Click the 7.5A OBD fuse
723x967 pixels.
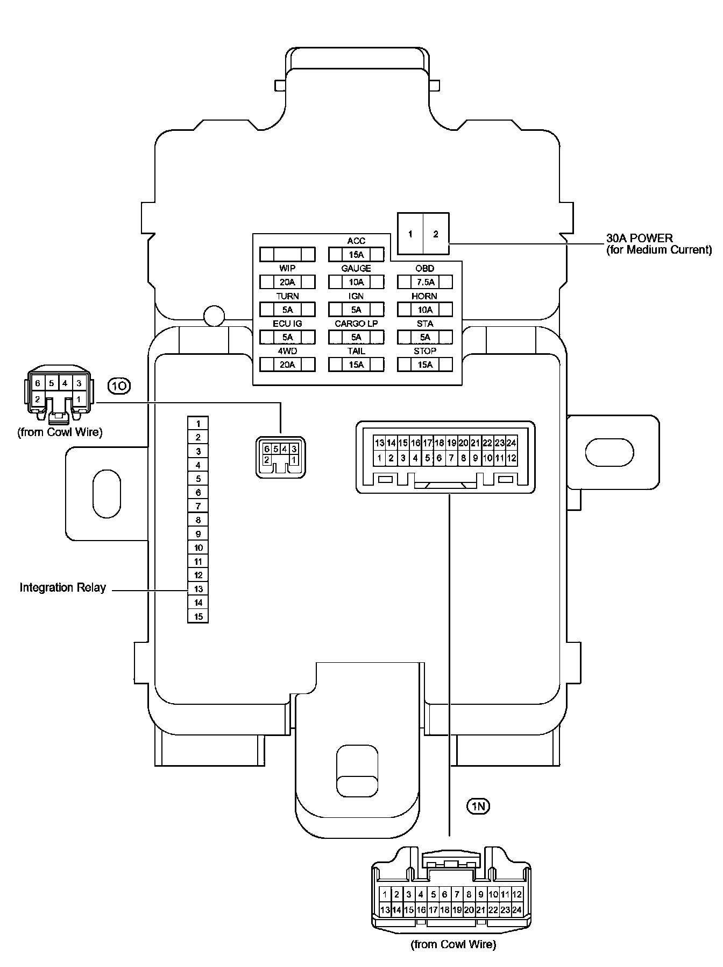(424, 282)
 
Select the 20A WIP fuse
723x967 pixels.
(287, 282)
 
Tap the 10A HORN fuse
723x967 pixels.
(424, 310)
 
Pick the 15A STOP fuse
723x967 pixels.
(424, 365)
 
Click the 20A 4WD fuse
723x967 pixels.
(287, 365)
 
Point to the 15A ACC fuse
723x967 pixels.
(356, 254)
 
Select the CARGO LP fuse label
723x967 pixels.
(356, 324)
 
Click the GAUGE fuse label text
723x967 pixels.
(356, 268)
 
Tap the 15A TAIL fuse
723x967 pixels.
(356, 365)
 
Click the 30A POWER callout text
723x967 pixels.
(639, 238)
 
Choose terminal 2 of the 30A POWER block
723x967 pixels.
(436, 234)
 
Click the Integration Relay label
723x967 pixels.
(63, 587)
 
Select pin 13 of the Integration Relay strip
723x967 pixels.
(198, 589)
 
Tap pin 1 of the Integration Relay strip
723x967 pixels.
(198, 424)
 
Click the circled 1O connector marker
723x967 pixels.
(119, 386)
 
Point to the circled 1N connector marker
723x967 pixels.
(478, 806)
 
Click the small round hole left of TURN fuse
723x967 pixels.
(214, 316)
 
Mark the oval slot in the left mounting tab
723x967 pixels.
(107, 494)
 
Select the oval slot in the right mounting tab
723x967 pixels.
(609, 452)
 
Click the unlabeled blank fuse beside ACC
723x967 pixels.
(287, 254)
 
